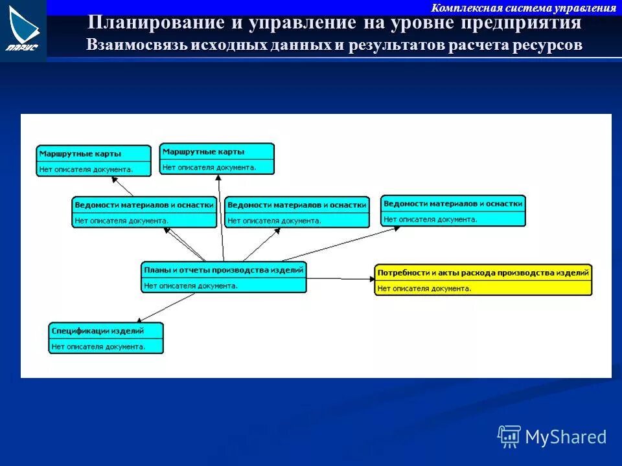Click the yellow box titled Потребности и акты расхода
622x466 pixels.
483,280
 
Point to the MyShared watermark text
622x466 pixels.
566,437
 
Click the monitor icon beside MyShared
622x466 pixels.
509,437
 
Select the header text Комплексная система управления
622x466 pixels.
524,8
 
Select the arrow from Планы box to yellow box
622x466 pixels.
340,278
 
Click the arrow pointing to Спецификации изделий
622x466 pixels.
166,307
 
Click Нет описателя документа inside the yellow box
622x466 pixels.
424,289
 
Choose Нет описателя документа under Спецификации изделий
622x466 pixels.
98,346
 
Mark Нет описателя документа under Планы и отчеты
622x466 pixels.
191,285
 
